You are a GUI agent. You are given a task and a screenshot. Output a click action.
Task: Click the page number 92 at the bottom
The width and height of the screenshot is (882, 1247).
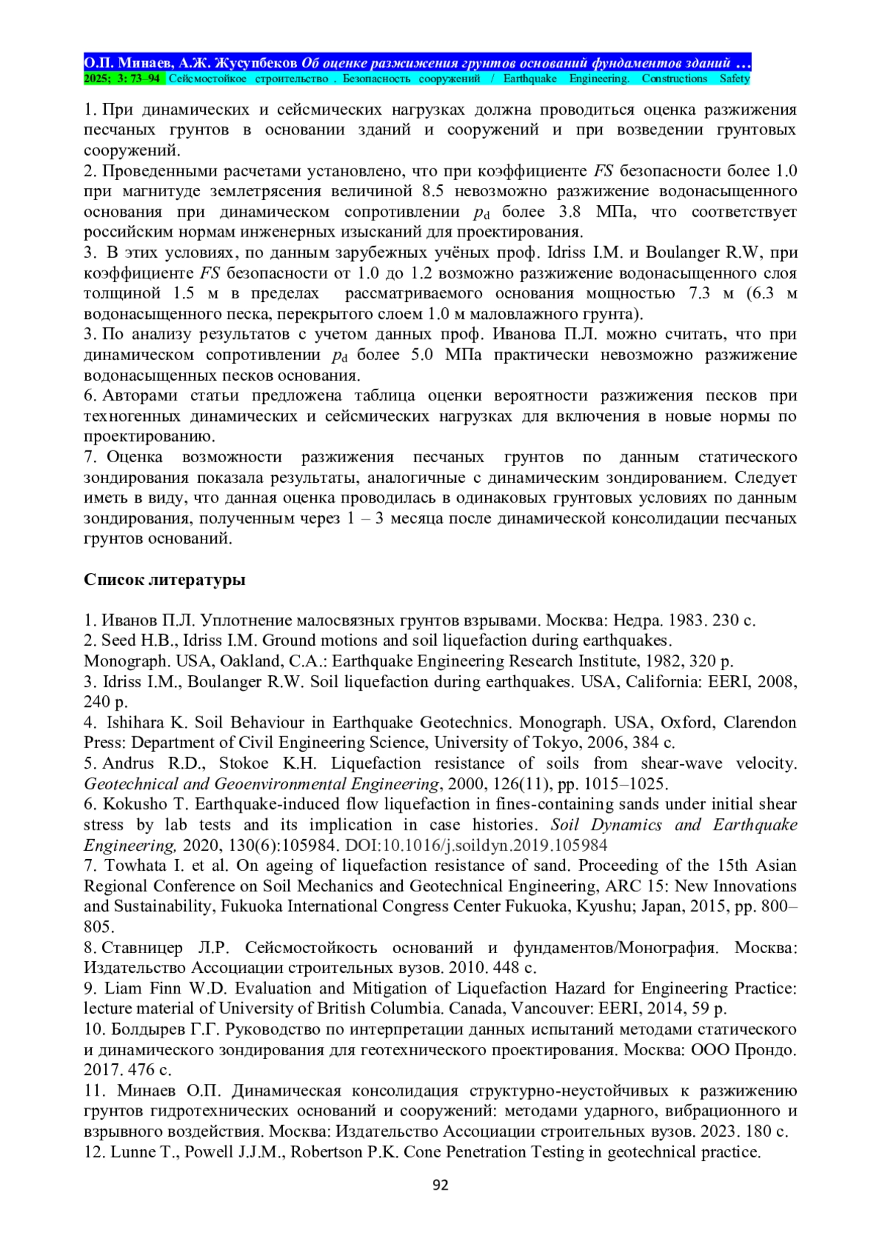coord(440,1184)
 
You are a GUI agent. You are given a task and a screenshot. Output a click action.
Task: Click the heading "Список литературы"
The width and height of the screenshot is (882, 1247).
coord(164,579)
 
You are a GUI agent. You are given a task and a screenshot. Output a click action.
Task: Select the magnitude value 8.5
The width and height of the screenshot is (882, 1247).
coord(432,191)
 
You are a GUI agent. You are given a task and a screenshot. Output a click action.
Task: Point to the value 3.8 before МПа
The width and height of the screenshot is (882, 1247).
coord(570,212)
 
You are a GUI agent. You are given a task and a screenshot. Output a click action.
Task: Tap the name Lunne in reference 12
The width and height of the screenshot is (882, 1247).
coord(131,1151)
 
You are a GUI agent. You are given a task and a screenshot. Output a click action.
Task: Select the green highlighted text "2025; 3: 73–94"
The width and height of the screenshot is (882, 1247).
coord(123,79)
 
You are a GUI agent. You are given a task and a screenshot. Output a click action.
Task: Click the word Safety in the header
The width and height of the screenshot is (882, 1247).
coord(734,79)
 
